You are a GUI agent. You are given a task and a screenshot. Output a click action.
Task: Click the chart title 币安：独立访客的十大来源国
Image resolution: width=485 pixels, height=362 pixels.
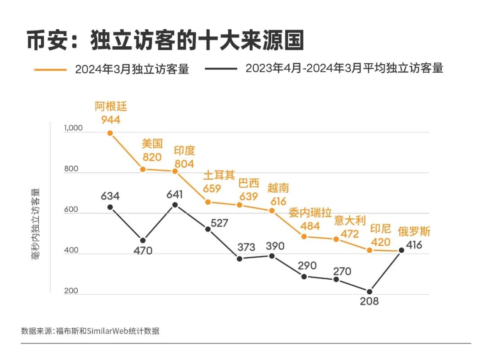pyautogui.click(x=165, y=41)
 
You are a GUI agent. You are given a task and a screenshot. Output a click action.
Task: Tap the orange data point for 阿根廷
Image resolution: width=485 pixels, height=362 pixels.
pyautogui.click(x=110, y=133)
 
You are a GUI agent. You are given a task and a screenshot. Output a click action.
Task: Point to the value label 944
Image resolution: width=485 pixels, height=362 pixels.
pyautogui.click(x=111, y=119)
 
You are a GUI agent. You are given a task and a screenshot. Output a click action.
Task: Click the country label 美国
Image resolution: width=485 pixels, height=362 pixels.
pyautogui.click(x=152, y=144)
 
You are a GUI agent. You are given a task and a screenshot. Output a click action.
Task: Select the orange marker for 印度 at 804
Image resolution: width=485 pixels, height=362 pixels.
pyautogui.click(x=175, y=172)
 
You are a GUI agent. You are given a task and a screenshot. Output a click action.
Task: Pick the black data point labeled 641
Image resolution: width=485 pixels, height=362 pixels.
pyautogui.click(x=175, y=205)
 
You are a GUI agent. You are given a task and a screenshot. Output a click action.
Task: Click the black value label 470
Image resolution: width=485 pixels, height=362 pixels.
pyautogui.click(x=143, y=251)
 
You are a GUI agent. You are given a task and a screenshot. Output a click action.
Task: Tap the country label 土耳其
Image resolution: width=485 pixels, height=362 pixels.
pyautogui.click(x=219, y=175)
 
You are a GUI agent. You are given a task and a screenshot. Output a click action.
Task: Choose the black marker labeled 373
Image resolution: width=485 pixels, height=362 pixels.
pyautogui.click(x=239, y=259)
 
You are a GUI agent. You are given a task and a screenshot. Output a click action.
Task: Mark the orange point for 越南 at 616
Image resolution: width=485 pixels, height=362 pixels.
pyautogui.click(x=272, y=210)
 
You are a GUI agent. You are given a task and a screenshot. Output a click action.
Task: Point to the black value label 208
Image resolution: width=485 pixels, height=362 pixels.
pyautogui.click(x=369, y=301)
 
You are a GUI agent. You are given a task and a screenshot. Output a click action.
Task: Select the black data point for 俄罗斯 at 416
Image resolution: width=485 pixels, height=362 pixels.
pyautogui.click(x=401, y=250)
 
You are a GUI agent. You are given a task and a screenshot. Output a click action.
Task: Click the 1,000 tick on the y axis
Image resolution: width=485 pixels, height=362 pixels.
pyautogui.click(x=74, y=128)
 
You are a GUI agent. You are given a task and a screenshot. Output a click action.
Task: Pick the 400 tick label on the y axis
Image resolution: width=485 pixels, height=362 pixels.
pyautogui.click(x=71, y=250)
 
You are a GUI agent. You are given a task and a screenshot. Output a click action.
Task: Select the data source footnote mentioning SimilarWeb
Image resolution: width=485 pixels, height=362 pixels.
pyautogui.click(x=90, y=331)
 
